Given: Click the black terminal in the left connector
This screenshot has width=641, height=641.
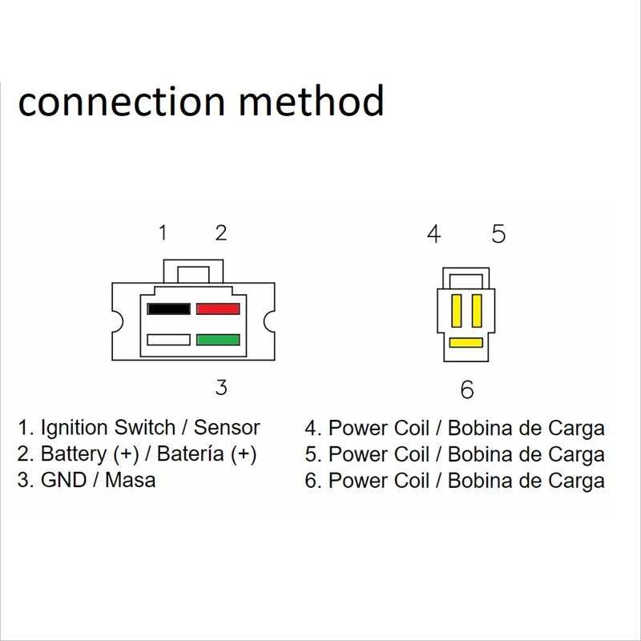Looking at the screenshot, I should pos(168,308).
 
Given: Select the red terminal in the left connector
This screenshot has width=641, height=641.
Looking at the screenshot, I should pos(218,308).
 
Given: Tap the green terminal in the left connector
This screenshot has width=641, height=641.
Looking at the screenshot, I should pos(218,339).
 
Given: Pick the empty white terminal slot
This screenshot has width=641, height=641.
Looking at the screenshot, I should pos(168,339).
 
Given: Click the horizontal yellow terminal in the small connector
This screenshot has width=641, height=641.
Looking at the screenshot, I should pos(466,343).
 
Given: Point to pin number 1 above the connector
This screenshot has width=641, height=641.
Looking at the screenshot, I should pos(163,232).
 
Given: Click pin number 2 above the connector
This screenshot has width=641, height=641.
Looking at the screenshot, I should pos(220,232).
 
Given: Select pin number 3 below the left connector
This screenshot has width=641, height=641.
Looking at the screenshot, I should pos(220,388).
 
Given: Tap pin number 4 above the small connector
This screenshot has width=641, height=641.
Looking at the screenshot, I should pos(434,234).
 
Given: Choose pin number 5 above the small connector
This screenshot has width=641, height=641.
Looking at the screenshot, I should pos(498,234).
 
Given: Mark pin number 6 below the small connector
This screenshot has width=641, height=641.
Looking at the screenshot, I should pos(467,390).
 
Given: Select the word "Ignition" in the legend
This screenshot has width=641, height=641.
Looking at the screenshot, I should pos(75,429).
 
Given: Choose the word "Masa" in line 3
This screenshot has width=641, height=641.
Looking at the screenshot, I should pos(131,481).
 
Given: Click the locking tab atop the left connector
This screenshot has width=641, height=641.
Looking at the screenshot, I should pos(192,270).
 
